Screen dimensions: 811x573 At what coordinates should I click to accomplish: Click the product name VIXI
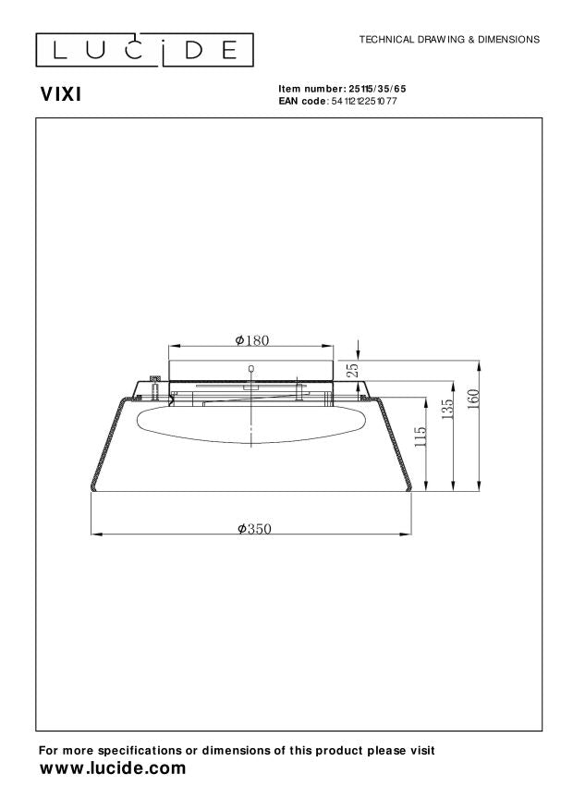click(61, 93)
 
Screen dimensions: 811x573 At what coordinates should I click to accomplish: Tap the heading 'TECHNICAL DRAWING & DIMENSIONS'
click(449, 40)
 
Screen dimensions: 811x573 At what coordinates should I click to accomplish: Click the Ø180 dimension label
click(251, 340)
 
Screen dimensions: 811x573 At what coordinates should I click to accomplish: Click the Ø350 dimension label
click(252, 528)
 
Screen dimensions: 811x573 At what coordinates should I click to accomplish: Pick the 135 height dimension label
click(447, 410)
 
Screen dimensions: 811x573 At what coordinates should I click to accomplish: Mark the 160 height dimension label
click(473, 399)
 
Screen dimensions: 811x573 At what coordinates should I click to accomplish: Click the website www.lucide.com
click(112, 768)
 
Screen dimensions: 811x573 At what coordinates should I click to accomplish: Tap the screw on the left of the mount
click(154, 381)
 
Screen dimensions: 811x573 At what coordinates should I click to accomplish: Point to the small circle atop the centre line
click(251, 369)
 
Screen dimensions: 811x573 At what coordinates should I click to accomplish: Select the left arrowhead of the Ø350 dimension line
click(94, 535)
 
